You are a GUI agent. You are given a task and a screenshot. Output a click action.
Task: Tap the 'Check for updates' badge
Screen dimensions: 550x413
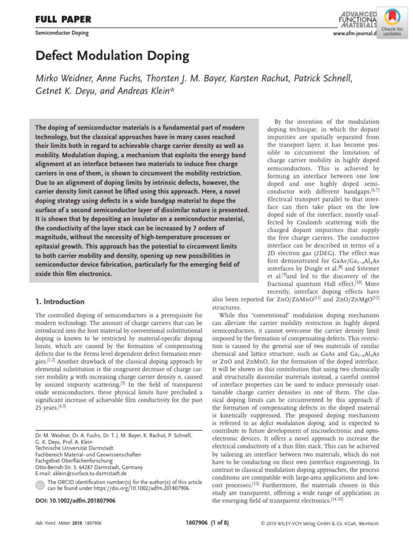tap(392, 23)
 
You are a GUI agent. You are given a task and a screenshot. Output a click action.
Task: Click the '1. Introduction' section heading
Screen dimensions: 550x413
tap(60, 301)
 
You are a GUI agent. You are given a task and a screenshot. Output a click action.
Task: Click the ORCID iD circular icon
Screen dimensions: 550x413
tap(40, 486)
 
